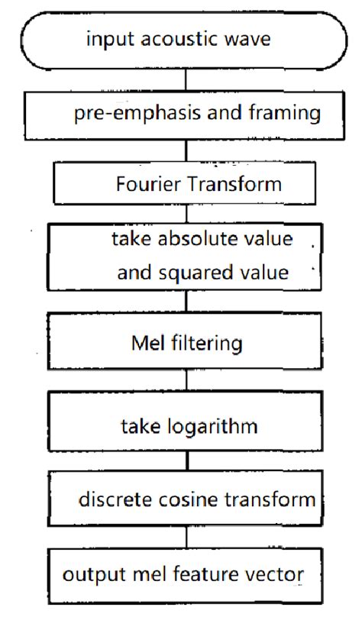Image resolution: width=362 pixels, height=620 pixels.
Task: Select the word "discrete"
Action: click(110, 500)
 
